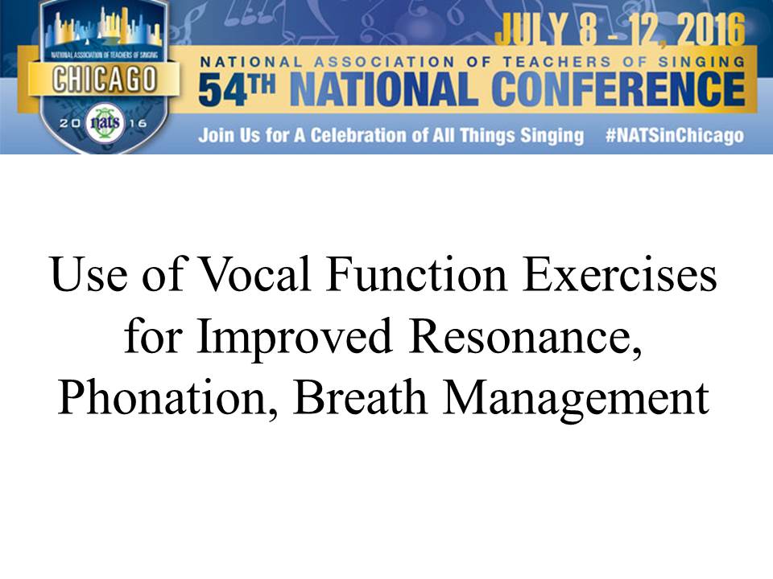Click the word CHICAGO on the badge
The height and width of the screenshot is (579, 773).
click(x=105, y=80)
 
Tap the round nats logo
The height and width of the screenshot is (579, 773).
click(x=105, y=122)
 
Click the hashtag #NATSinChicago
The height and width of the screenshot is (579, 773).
click(x=675, y=135)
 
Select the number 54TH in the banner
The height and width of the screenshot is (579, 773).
click(x=237, y=89)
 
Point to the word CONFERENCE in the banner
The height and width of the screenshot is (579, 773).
click(x=618, y=88)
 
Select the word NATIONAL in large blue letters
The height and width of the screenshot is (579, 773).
click(x=384, y=89)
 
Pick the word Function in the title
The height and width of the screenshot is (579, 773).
click(x=416, y=273)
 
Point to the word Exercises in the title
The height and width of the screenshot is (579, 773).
click(x=620, y=273)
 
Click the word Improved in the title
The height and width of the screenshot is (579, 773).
click(x=295, y=337)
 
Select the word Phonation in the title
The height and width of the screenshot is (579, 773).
click(x=167, y=398)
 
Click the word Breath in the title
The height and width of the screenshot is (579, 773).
click(x=360, y=397)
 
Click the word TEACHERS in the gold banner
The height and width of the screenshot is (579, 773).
click(x=557, y=62)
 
